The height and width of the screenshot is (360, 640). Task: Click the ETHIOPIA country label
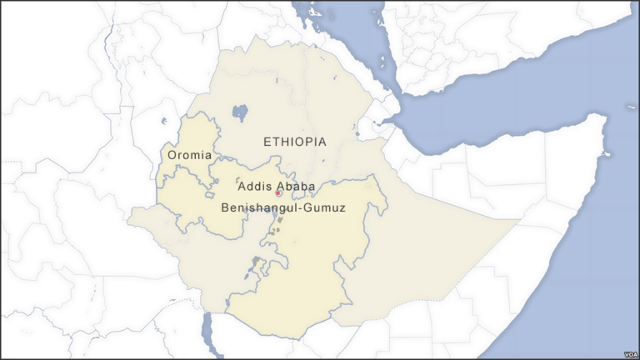[295, 142]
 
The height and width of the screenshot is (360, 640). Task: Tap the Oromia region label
[189, 156]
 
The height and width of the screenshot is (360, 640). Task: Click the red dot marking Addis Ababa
[278, 193]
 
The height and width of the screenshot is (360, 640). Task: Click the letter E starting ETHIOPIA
[267, 142]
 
